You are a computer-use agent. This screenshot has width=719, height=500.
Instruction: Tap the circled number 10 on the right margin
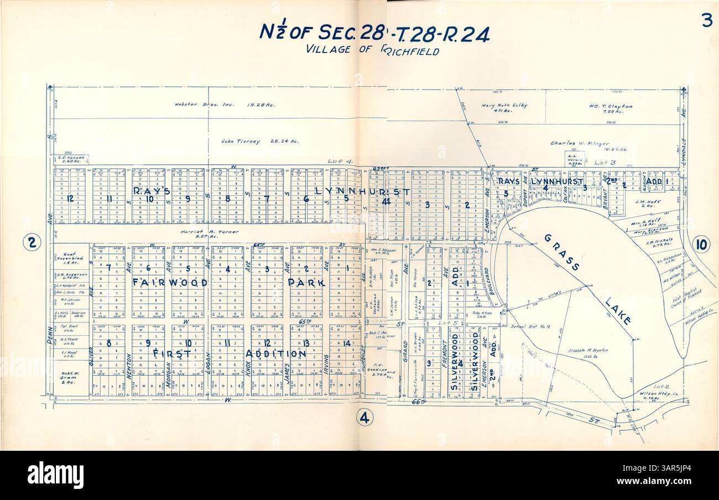[x=700, y=244]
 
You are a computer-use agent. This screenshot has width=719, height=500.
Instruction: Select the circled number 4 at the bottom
[x=364, y=418]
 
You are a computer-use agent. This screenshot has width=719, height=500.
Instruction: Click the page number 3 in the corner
[x=706, y=21]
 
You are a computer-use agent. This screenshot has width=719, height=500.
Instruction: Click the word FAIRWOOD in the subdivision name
[x=170, y=282]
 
